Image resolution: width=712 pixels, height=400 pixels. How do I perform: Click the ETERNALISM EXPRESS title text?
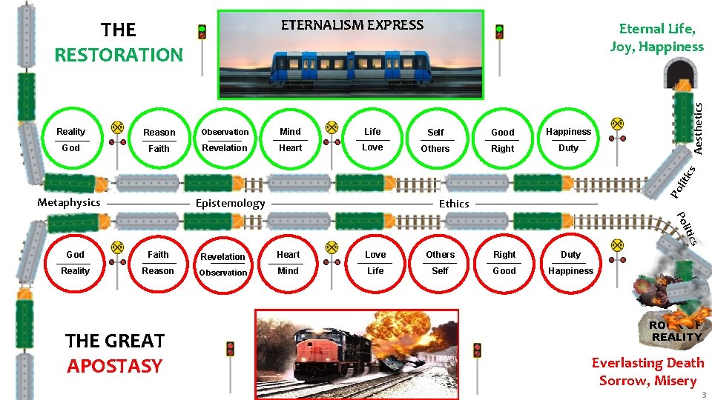(x=352, y=24)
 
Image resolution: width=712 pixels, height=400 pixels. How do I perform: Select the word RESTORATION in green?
(x=119, y=55)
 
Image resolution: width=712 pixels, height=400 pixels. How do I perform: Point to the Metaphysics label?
(x=69, y=202)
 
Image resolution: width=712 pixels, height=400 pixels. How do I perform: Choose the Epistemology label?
(x=230, y=203)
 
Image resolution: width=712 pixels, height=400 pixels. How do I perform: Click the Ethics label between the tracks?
(x=454, y=204)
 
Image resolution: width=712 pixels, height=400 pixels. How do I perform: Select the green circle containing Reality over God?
(x=71, y=140)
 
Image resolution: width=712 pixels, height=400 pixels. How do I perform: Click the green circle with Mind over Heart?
(x=290, y=140)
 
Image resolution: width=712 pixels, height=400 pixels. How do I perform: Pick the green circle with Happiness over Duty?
(x=568, y=140)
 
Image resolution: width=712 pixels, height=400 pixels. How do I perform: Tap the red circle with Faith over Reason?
(x=158, y=263)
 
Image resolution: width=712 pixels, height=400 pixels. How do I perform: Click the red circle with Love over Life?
(x=375, y=263)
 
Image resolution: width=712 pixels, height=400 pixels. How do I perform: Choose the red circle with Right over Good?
(x=504, y=263)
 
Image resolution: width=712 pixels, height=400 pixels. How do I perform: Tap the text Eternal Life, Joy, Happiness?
(x=656, y=38)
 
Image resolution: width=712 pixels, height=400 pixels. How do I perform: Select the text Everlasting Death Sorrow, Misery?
(x=647, y=371)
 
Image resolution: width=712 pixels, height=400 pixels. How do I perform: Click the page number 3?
(x=703, y=395)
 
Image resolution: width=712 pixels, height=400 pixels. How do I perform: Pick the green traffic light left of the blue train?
(x=202, y=33)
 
